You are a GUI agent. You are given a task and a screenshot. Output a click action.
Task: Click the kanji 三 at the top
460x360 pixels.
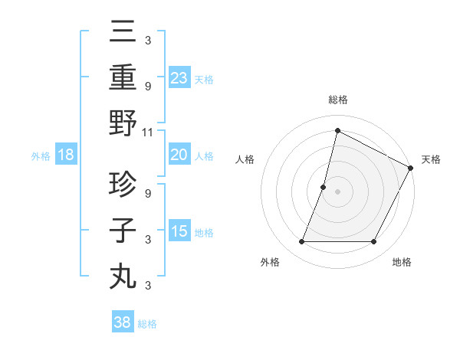pos(123,33)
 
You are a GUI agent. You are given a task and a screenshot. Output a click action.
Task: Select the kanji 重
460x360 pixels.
pos(123,77)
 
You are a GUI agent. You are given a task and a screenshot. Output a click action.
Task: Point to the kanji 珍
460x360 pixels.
pos(123,184)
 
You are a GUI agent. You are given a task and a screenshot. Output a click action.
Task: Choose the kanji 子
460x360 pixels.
pos(123,230)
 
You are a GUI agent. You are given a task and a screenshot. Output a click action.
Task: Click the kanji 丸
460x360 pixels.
pos(123,276)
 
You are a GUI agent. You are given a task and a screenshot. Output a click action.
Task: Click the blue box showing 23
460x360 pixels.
pos(179,77)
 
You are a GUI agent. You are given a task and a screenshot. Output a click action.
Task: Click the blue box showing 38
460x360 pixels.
pos(123,322)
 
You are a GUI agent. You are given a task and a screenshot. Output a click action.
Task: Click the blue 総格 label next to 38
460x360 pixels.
pos(147,323)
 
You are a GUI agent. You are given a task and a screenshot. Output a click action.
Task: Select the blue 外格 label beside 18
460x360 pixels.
pos(41,156)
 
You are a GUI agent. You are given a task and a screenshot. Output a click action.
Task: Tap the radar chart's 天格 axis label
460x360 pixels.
pos(431,159)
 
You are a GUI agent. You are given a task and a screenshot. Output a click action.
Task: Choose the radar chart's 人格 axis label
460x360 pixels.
pos(245,159)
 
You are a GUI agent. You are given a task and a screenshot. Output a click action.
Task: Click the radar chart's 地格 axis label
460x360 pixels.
pos(402,262)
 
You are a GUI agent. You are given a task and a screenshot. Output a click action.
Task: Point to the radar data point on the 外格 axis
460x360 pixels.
pos(301,242)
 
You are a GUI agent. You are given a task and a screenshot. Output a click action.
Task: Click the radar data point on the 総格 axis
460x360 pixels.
pos(337,131)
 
